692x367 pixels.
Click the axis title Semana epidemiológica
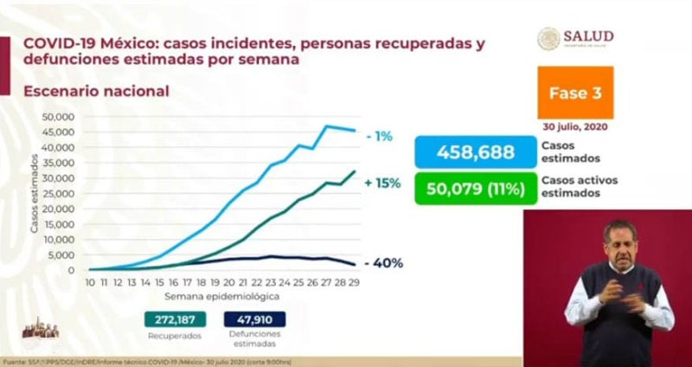222,295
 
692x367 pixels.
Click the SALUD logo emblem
548,39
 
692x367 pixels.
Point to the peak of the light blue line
327,126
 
